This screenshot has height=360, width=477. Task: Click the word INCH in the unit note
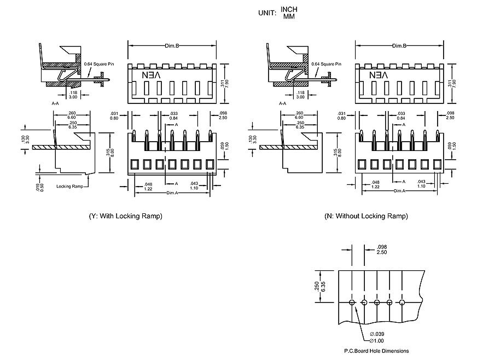coord(289,9)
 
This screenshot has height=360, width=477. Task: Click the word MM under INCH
coord(288,16)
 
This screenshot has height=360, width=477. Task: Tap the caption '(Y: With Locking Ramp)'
coord(125,216)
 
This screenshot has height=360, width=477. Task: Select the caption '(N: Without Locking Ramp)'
coord(366,216)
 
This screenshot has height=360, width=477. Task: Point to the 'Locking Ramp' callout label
coord(69,187)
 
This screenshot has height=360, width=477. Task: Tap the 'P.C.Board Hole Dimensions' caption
coord(376,351)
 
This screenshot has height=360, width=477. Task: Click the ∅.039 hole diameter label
coord(377,334)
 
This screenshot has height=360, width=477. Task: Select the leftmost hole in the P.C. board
coord(351,303)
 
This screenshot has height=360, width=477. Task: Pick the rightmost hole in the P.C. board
coord(402,303)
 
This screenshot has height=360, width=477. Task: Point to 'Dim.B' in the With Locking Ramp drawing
coord(172,46)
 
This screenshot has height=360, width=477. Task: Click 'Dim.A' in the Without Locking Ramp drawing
coord(400,191)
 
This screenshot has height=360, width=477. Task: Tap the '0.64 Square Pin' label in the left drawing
coord(99,64)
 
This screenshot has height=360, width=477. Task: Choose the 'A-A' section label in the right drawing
coord(282,103)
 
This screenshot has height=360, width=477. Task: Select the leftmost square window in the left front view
coord(135,164)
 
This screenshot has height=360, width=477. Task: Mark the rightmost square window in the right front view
coord(437,164)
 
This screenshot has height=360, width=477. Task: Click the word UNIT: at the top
coord(267,13)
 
